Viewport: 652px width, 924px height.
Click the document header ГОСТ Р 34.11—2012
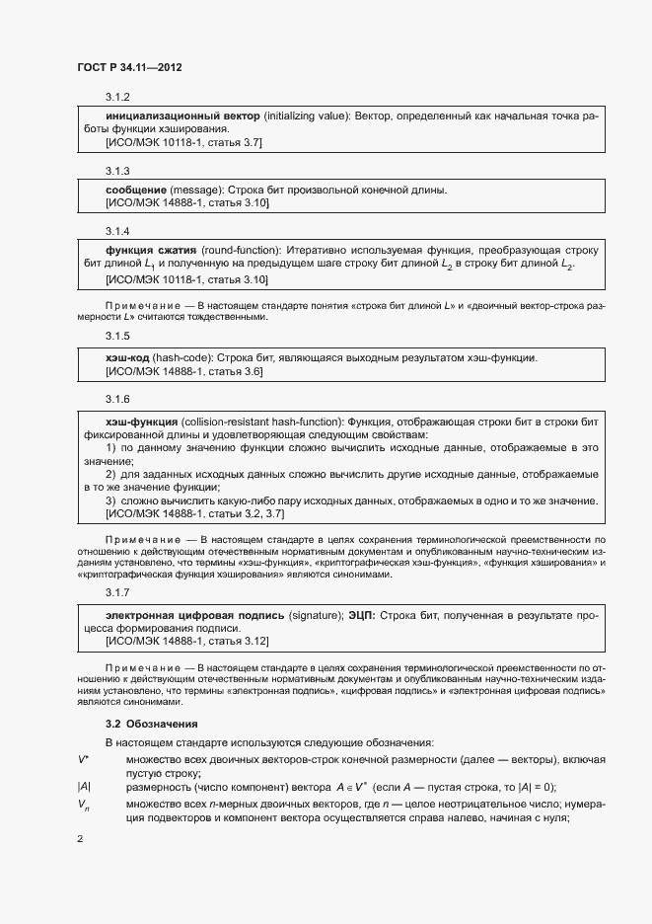129,68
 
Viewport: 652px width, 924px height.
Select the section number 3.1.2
118,97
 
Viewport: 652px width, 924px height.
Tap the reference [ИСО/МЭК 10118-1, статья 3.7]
183,142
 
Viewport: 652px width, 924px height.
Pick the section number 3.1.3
118,170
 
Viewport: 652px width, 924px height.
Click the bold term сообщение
135,190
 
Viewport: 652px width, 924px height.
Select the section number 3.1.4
118,230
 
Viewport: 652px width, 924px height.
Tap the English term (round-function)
242,250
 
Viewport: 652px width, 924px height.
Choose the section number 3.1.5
118,337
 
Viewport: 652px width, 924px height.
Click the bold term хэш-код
128,356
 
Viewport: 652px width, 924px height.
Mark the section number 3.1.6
118,398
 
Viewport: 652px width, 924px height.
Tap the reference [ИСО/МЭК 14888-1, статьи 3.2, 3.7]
194,514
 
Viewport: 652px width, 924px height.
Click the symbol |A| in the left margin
84,787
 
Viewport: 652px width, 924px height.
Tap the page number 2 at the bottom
80,839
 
